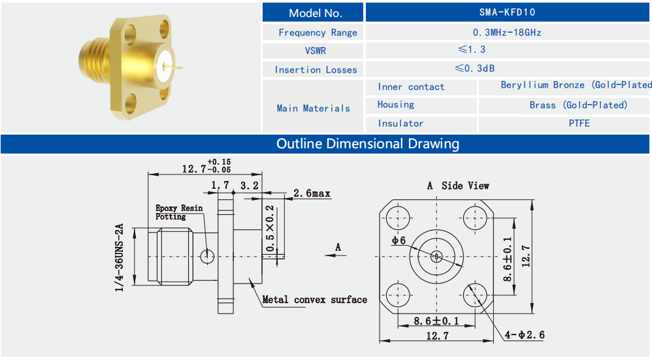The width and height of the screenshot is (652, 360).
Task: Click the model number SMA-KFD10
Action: coord(507,12)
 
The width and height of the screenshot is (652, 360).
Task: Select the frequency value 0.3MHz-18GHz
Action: coord(507,32)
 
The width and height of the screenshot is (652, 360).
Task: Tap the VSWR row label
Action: coord(315,50)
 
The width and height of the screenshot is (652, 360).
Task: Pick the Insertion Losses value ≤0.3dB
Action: coord(484,69)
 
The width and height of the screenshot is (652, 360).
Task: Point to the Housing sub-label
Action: coord(396,105)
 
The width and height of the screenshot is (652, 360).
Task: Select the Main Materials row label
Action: coord(313,108)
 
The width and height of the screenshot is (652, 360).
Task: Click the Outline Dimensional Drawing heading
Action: coord(367,144)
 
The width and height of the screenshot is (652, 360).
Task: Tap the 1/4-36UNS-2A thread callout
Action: coord(119,258)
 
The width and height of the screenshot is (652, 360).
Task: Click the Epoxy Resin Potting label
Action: coord(178,212)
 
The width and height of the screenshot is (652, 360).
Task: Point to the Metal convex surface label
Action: coord(314,300)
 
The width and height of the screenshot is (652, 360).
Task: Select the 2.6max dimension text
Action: coord(312,194)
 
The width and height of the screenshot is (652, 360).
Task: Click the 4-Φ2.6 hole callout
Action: coord(524,335)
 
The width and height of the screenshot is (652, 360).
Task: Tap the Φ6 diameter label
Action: coord(399,240)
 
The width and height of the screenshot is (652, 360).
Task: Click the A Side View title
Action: coord(458,186)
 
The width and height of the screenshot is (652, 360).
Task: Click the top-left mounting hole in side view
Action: coord(399,217)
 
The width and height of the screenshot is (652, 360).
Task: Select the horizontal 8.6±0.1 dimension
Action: coord(436,321)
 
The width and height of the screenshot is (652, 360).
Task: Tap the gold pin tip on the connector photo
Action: coord(179,66)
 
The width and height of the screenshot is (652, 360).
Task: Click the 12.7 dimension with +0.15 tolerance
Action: coord(194,169)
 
